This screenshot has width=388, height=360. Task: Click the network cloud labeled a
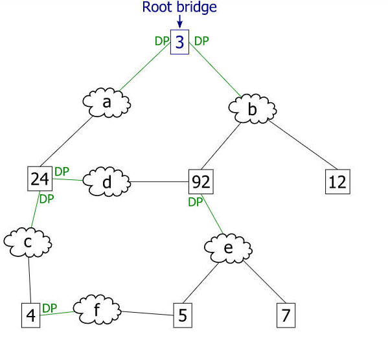point(107,102)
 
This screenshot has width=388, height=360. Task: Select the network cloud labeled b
point(253,109)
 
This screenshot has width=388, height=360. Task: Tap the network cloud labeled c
point(28,242)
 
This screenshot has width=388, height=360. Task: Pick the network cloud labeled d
point(107,181)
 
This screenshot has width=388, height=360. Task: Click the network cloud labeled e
point(228,248)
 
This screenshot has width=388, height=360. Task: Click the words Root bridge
point(179,7)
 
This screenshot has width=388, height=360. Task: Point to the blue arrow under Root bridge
point(180,21)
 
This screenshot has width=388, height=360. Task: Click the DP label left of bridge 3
point(162,41)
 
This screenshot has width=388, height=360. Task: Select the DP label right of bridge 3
point(201,41)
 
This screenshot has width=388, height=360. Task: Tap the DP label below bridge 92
point(196,202)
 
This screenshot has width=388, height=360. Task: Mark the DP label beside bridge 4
point(50,308)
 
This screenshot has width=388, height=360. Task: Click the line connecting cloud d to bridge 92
point(159,181)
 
